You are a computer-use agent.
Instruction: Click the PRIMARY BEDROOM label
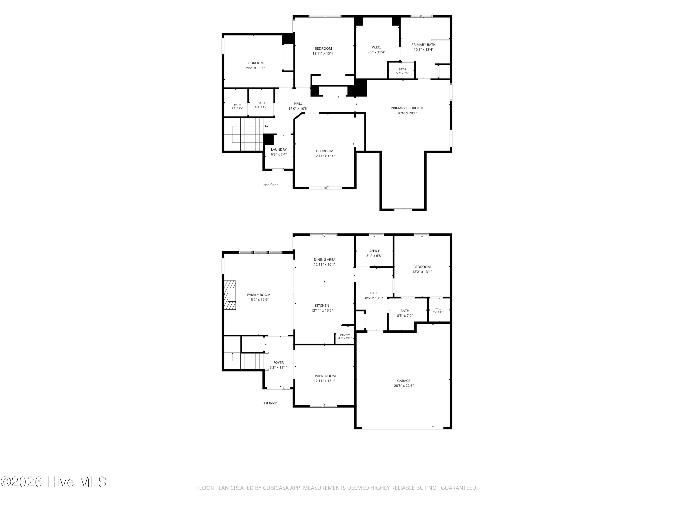[x=407, y=108]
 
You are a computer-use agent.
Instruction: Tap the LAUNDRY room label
[x=279, y=149]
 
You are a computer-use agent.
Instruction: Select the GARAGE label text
[x=404, y=381]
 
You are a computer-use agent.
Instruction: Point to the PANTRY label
[x=345, y=335]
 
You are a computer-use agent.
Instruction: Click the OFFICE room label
[x=374, y=251]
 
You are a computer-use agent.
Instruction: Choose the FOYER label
[x=279, y=362]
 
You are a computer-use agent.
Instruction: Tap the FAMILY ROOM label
[x=259, y=295]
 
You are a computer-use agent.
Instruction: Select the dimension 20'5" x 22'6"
[x=404, y=386]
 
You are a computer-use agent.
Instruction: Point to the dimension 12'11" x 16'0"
[x=325, y=156]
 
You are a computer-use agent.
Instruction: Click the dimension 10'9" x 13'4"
[x=423, y=50]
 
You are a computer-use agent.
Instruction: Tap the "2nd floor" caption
[x=270, y=185]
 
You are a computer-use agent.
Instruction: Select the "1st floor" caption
[x=270, y=403]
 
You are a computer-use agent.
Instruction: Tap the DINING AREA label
[x=324, y=260]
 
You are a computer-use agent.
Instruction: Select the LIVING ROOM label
[x=324, y=376]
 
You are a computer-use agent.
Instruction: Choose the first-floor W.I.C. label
[x=439, y=309]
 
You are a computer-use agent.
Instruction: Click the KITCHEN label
[x=322, y=306]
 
